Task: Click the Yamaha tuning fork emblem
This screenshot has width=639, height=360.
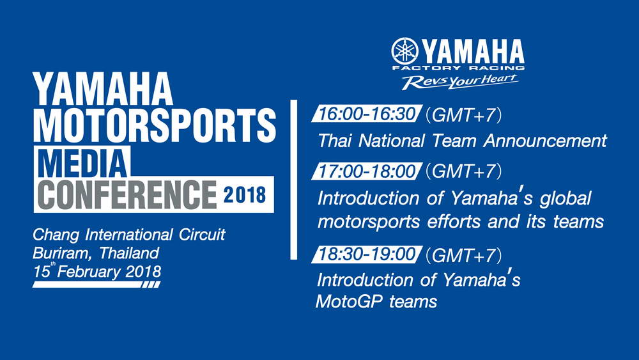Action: pos(404,51)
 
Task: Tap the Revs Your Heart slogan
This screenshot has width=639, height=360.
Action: pos(460,82)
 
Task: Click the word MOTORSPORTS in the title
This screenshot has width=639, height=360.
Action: pos(155,125)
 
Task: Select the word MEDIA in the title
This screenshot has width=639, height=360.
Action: pos(82,162)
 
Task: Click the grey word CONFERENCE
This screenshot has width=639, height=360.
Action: pos(127,194)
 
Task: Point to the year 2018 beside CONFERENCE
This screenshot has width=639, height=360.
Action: pos(245,195)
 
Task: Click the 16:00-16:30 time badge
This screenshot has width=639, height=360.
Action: pos(366,114)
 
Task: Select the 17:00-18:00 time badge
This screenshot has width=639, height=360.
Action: pos(366,171)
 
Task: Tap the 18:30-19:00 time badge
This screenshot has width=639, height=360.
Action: pos(366,254)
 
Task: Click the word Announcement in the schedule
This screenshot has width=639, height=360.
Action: pos(545,141)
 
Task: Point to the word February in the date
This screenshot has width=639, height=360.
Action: pos(88,272)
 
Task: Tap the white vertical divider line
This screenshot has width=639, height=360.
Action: pos(294,180)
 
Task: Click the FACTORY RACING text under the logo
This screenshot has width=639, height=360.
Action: pos(458,68)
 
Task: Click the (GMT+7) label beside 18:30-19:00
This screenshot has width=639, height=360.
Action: pos(463,255)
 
